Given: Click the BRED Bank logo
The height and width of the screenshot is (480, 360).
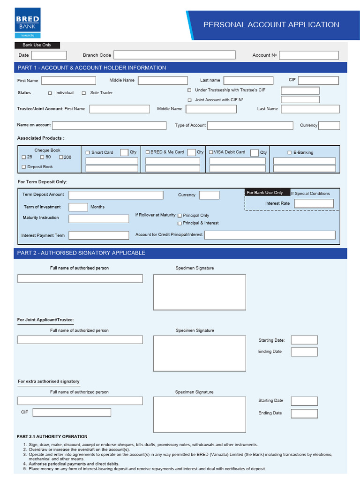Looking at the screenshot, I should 28,22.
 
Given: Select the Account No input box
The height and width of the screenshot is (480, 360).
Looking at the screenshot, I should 308,55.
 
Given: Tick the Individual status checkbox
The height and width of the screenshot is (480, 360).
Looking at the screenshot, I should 50,93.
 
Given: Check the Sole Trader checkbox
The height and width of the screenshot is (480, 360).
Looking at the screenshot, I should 84,93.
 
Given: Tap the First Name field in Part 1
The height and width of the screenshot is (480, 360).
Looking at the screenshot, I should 68,81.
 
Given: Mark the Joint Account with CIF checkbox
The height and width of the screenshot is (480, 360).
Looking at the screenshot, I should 189,100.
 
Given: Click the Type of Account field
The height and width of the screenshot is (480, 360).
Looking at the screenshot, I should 250,126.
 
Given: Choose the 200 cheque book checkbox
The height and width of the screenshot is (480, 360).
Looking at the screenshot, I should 60,157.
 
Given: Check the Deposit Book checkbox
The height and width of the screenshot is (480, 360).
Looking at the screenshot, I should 24,167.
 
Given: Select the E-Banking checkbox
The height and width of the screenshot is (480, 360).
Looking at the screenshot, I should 289,153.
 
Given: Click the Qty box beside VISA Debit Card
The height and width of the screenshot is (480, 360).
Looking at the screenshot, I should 255,153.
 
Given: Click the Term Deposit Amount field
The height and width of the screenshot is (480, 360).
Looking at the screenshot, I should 116,195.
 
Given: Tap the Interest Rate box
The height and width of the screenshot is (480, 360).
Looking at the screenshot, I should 314,203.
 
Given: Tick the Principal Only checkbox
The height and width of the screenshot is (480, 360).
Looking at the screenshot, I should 180,216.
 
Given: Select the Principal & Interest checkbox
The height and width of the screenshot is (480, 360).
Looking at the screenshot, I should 180,224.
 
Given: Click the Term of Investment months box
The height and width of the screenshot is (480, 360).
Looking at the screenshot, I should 78,207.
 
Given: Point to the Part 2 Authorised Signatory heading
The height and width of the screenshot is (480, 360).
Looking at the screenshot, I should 81,253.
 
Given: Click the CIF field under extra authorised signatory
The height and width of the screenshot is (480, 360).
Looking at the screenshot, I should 72,412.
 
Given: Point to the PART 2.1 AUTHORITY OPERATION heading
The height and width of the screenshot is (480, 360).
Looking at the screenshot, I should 52,437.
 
